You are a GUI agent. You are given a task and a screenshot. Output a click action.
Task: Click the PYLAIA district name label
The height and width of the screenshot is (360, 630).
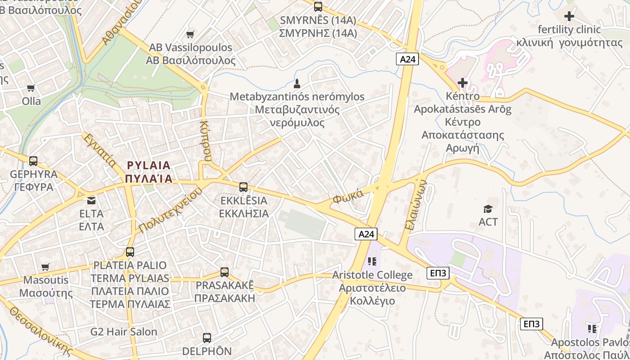149,171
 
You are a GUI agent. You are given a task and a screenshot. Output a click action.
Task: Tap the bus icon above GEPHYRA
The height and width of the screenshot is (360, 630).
33,161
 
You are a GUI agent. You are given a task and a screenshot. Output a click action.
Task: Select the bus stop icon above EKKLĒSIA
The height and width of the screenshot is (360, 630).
243,187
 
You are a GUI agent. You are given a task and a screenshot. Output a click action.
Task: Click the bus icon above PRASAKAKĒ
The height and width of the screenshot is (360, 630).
225,272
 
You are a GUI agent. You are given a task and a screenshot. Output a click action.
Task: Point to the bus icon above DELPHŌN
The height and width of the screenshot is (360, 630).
207,338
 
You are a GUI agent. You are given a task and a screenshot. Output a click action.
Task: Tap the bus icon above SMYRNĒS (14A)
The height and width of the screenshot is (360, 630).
318,7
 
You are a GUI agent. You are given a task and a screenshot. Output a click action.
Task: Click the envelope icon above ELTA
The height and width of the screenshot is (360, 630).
91,200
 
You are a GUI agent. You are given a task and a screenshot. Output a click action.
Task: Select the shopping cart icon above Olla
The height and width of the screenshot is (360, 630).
31,88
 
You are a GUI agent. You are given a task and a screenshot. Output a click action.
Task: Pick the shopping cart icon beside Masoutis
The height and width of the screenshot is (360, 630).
45,267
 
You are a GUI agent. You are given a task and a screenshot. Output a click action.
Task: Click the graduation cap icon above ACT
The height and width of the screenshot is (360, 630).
488,209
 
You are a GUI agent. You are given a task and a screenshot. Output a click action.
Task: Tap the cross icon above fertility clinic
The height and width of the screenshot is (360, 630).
569,17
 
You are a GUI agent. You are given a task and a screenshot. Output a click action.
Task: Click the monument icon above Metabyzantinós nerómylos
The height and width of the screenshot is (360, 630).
297,84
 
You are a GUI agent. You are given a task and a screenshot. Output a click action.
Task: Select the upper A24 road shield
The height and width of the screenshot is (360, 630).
408,59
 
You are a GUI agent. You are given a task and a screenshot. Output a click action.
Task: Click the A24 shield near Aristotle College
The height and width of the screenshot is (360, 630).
365,234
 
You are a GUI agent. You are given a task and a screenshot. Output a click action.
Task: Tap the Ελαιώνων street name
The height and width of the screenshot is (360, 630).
415,205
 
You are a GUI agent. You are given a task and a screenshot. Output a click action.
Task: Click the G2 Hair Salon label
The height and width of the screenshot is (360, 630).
124,332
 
